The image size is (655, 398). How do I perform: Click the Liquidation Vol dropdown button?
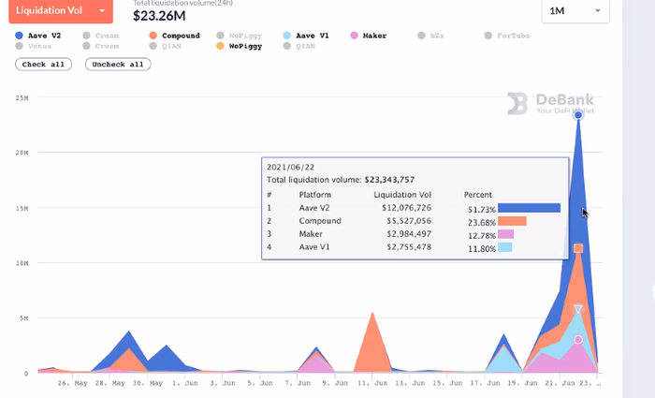(x=61, y=9)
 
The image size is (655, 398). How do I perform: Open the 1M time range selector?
(x=575, y=10)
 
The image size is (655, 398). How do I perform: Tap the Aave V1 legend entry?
(x=306, y=36)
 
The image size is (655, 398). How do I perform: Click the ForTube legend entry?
(x=511, y=36)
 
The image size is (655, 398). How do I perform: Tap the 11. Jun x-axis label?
(x=372, y=382)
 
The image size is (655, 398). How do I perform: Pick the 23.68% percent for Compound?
(x=480, y=222)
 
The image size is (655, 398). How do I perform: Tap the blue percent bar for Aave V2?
(x=529, y=208)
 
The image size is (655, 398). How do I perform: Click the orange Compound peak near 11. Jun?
(x=372, y=315)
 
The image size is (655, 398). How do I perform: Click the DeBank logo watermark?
(x=550, y=104)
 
